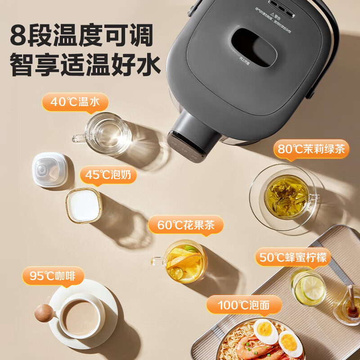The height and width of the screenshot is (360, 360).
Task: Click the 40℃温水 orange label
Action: [75, 102]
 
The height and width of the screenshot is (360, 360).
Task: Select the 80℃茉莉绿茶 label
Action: [311, 149]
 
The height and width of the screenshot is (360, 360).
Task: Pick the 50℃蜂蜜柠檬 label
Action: [293, 258]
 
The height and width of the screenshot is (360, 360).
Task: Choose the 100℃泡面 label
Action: [244, 306]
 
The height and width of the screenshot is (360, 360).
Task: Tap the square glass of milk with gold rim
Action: [84, 205]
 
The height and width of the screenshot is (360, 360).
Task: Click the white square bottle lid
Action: [49, 170]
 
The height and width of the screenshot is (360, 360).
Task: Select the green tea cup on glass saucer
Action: [286, 197]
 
